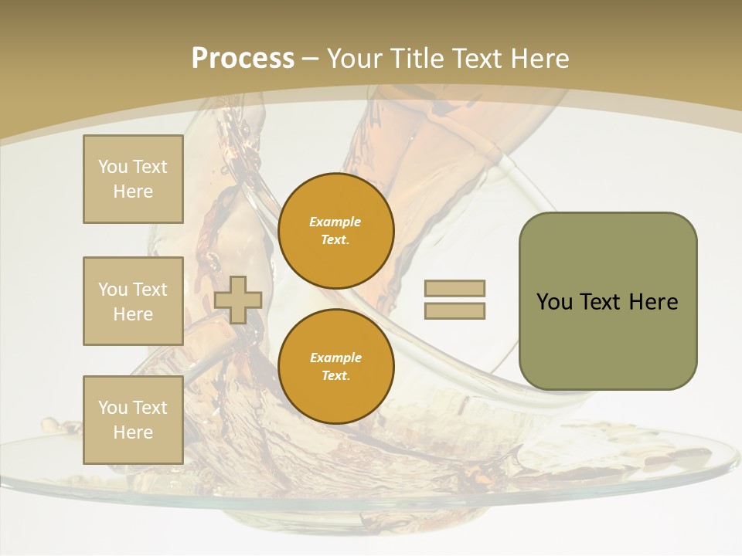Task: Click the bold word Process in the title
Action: point(243,59)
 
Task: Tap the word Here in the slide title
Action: point(540,59)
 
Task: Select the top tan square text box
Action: point(133,179)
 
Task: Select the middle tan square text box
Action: point(133,301)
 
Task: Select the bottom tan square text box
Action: point(133,420)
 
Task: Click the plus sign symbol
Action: point(238,300)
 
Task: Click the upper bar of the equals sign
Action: point(454,289)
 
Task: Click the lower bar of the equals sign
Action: point(454,311)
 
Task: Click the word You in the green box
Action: point(554,302)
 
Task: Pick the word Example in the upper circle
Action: point(335,222)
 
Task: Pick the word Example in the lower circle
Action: point(335,358)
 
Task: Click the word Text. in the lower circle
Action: point(335,376)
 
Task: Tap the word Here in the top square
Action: point(133,192)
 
